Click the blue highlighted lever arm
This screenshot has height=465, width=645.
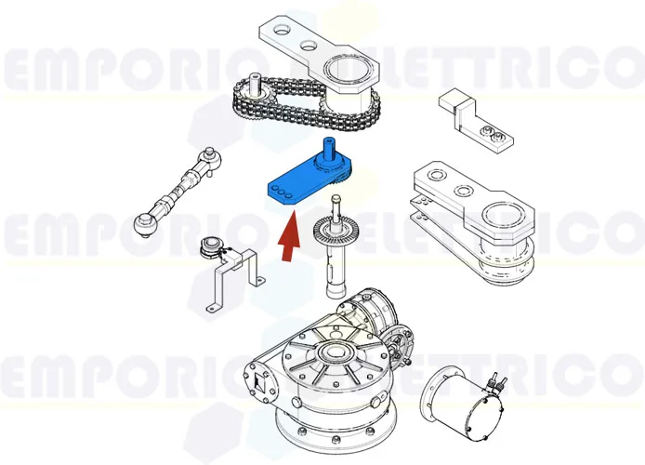tap(296, 182)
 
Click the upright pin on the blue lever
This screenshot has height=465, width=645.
tap(327, 149)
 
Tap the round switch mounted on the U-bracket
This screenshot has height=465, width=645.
tap(213, 247)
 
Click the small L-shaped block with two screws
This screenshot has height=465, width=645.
tap(474, 119)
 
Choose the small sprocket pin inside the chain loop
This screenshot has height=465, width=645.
tap(253, 91)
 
